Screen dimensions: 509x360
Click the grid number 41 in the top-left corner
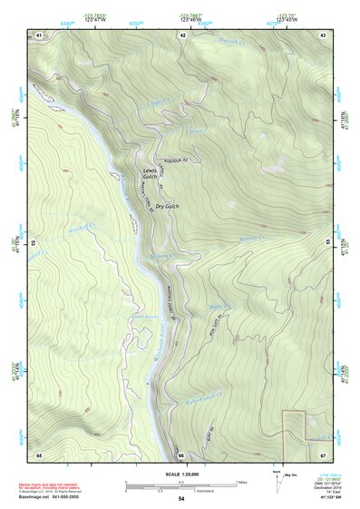click(x=39, y=34)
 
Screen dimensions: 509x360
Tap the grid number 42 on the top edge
click(x=182, y=34)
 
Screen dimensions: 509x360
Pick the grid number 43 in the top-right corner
click(x=323, y=34)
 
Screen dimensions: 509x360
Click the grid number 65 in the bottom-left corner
click(x=39, y=454)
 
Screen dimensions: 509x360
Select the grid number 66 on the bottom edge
click(x=181, y=454)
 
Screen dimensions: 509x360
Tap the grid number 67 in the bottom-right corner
click(x=323, y=454)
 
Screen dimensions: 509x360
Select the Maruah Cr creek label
click(x=234, y=39)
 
